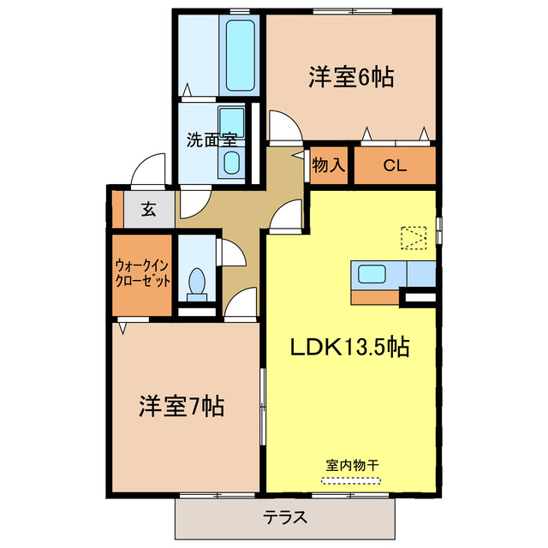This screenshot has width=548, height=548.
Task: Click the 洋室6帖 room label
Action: [x=351, y=77]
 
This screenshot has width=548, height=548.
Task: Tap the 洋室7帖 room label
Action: [x=181, y=405]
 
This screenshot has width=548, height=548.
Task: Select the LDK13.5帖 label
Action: [x=348, y=347]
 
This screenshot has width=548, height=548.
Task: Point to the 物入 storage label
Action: [x=328, y=165]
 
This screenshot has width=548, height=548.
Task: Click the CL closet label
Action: [x=394, y=165]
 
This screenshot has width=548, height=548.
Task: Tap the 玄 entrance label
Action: [x=148, y=210]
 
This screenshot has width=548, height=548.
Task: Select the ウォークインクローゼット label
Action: [x=143, y=272]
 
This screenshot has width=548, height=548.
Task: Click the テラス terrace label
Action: [x=285, y=517]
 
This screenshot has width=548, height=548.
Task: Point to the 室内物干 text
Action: [x=352, y=465]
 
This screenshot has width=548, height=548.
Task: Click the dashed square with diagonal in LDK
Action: [x=414, y=236]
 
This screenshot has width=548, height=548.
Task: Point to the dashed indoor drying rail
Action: [x=352, y=480]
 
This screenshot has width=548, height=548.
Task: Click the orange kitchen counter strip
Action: [x=375, y=297]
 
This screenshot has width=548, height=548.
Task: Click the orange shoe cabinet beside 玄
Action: [x=117, y=210]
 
